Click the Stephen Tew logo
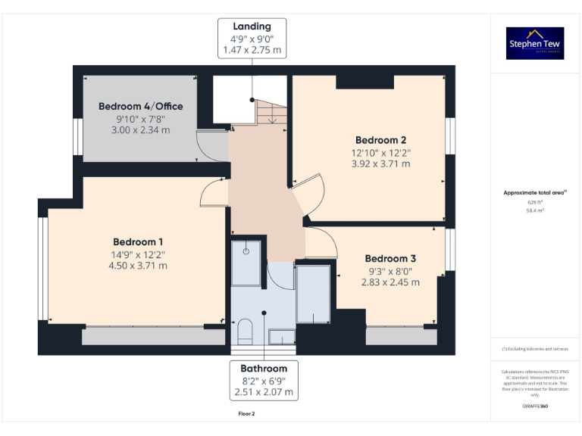tap(535, 44)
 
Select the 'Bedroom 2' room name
tap(381, 140)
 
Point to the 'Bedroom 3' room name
tap(390, 258)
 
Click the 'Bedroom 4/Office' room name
tap(140, 106)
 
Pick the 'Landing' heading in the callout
tap(252, 26)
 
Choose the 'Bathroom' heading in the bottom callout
tap(264, 369)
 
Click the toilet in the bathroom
tap(245, 332)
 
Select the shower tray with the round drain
tap(246, 262)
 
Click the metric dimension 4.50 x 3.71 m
tap(138, 266)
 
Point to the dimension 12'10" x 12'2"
tap(381, 152)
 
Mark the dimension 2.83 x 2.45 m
tap(390, 282)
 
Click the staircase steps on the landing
tap(271, 114)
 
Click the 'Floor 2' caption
tap(247, 414)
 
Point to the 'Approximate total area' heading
tap(535, 193)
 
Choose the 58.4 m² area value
tap(535, 211)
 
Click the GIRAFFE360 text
tap(535, 406)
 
